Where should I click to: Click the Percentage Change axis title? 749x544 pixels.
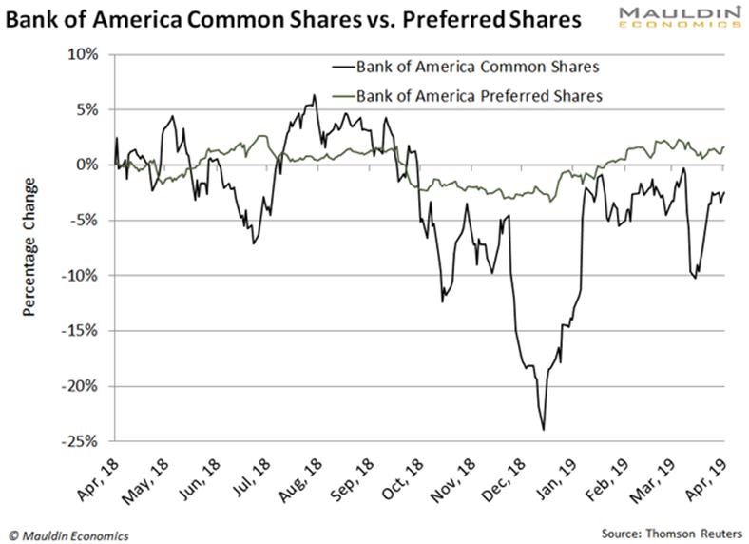tap(31, 247)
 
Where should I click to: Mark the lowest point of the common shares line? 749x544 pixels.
tap(544, 430)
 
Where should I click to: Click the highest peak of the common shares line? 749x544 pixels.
tap(315, 95)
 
